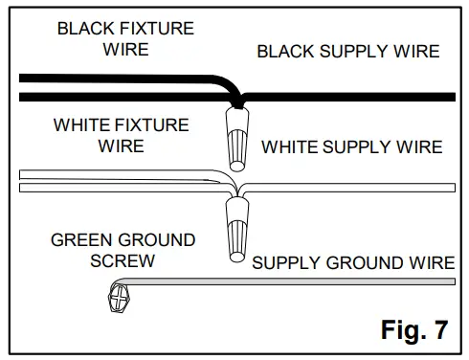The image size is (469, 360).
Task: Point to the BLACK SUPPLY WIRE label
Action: pos(348,52)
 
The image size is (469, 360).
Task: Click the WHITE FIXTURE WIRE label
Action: pos(121,136)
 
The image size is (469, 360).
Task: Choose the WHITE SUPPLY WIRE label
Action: pos(352,147)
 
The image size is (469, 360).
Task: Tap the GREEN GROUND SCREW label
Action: pos(123,249)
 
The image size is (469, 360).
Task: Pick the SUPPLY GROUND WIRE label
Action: pos(353,262)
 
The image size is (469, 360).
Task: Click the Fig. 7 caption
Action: pos(413,330)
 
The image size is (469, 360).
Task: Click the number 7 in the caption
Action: pos(439,330)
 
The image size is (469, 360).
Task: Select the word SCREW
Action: pos(123,259)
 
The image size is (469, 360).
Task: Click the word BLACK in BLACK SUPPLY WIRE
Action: pos(284,52)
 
